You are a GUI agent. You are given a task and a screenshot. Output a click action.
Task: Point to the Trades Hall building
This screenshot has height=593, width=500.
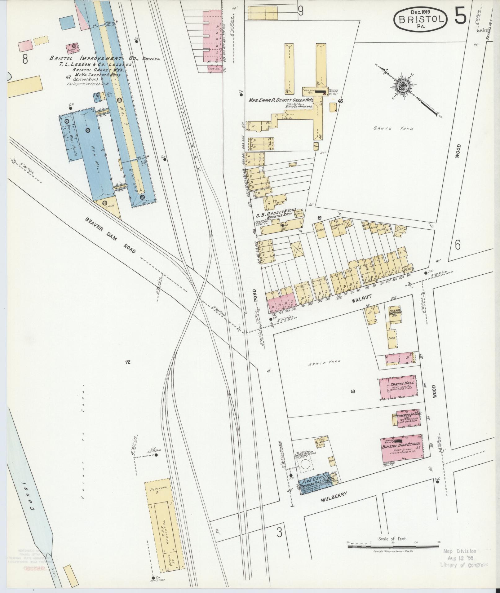(x=398, y=389)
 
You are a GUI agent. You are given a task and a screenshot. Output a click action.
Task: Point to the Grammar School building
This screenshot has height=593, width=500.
(x=408, y=418)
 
